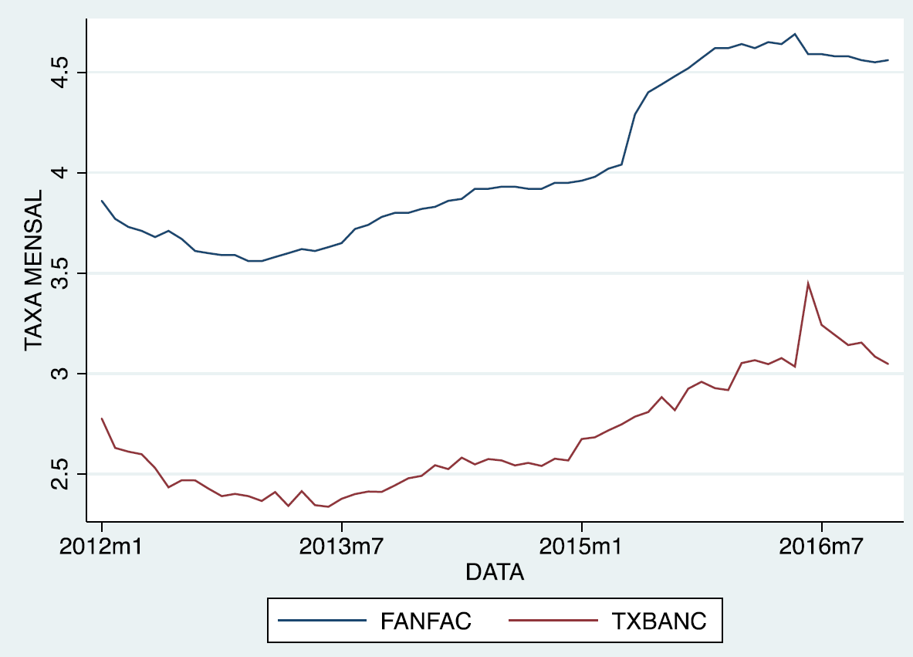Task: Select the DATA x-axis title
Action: tap(495, 573)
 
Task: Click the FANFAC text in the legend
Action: tap(425, 621)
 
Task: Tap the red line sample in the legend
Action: tap(553, 621)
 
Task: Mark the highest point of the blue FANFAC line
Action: tap(795, 34)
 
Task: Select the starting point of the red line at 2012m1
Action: tap(101, 418)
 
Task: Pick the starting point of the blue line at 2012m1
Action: tap(101, 201)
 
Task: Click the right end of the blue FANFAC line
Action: tap(888, 60)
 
